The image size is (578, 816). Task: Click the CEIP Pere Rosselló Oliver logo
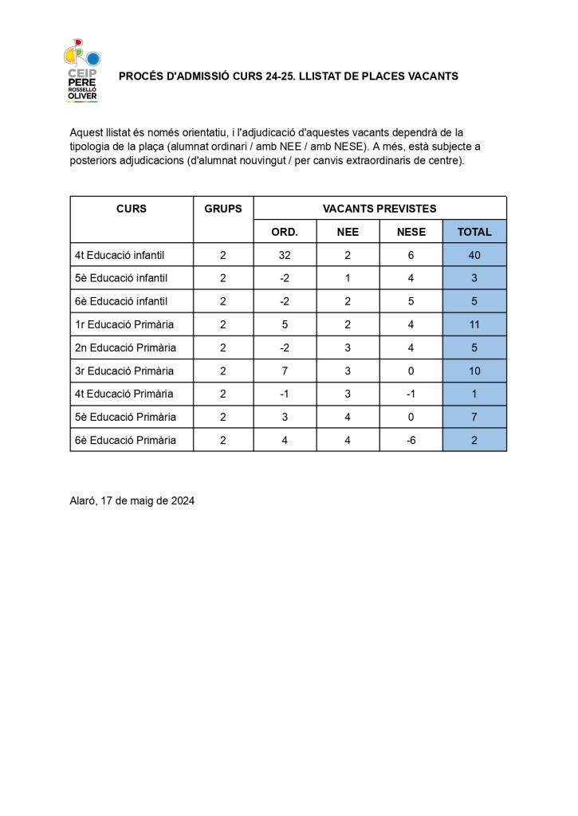(x=81, y=72)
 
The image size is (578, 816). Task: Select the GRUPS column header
(x=223, y=209)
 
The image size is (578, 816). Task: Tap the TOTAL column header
(x=474, y=232)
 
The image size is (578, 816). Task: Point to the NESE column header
(x=411, y=232)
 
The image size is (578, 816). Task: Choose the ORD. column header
(x=285, y=232)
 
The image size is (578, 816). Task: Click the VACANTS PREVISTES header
(x=379, y=209)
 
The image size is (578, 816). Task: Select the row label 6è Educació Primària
(x=125, y=440)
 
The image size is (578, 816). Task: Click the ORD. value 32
(x=285, y=255)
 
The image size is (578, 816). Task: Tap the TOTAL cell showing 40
(x=474, y=255)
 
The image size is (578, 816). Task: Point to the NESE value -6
(x=411, y=440)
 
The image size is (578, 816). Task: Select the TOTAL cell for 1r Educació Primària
(x=474, y=324)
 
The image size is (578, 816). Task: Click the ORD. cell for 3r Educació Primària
(x=285, y=371)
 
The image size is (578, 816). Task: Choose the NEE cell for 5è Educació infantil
(x=348, y=278)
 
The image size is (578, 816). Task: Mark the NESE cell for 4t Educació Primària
(x=411, y=394)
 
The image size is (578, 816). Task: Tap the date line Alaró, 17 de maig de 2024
(x=132, y=500)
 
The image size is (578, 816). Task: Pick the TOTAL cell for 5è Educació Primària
(x=474, y=417)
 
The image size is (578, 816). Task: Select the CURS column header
(x=132, y=209)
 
